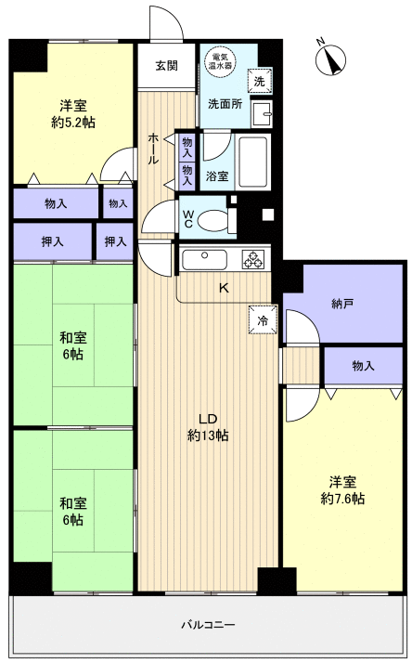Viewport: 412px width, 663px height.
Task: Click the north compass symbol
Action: coord(330,59)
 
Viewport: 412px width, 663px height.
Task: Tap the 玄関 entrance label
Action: coord(166,66)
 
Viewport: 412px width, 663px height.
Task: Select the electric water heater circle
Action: coord(220,61)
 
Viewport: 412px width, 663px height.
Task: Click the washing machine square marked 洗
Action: coord(260,81)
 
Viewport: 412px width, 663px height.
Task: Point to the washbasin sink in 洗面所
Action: coord(262,113)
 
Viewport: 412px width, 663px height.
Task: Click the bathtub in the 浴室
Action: coord(252,162)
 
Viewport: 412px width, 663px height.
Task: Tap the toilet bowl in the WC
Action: coord(212,220)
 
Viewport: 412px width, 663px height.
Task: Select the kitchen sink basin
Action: coord(204,259)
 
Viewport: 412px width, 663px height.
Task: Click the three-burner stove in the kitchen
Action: coord(253,259)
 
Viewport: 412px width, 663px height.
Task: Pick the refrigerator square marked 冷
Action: coord(263,319)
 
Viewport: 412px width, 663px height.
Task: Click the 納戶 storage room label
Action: coord(342,303)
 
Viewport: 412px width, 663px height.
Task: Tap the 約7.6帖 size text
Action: coord(342,499)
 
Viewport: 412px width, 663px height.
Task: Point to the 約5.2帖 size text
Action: coord(73,123)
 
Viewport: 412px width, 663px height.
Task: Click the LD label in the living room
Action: coord(208,419)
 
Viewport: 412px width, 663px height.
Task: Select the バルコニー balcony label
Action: coord(209,625)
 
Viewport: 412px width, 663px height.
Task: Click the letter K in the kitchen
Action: coord(224,289)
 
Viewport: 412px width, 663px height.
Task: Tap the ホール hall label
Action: coord(153,149)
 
